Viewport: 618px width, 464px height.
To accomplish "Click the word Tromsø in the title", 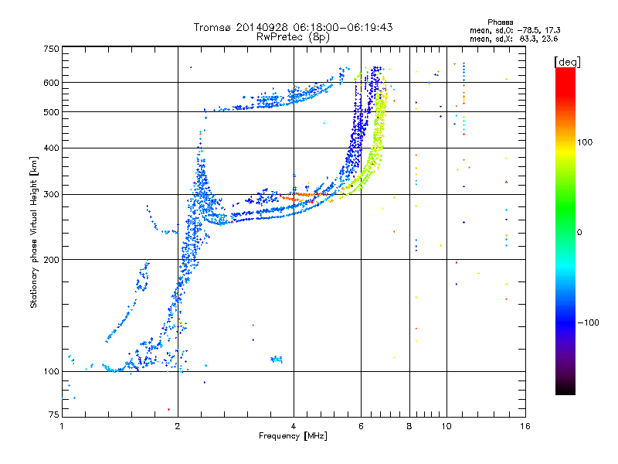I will click(x=210, y=27).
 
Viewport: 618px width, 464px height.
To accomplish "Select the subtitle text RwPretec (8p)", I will click(x=294, y=36).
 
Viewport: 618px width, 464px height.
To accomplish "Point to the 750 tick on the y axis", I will click(x=51, y=49).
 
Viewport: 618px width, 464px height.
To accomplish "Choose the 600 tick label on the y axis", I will click(x=51, y=83).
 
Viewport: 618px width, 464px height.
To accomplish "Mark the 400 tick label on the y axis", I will click(x=51, y=148).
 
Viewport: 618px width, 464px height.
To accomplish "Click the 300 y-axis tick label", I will click(x=51, y=194).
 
